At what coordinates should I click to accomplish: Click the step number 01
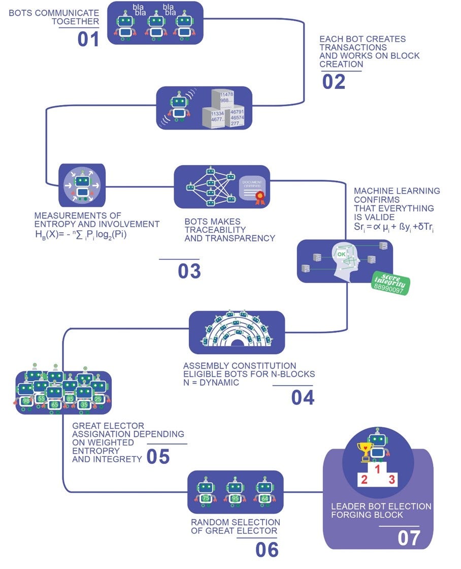pyautogui.click(x=88, y=39)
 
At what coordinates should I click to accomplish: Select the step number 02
pyautogui.click(x=334, y=81)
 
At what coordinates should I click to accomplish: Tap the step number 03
pyautogui.click(x=189, y=271)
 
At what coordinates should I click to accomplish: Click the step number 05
pyautogui.click(x=158, y=456)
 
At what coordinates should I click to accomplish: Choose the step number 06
pyautogui.click(x=267, y=549)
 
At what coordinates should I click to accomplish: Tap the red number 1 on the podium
pyautogui.click(x=377, y=469)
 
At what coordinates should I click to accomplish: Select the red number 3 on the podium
pyautogui.click(x=391, y=479)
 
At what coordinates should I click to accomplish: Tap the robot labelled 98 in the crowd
pyautogui.click(x=26, y=401)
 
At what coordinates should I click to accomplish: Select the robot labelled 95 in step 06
pyautogui.click(x=235, y=498)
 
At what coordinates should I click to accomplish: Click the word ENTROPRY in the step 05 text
pyautogui.click(x=95, y=451)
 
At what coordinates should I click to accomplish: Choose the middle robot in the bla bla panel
pyautogui.click(x=155, y=25)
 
